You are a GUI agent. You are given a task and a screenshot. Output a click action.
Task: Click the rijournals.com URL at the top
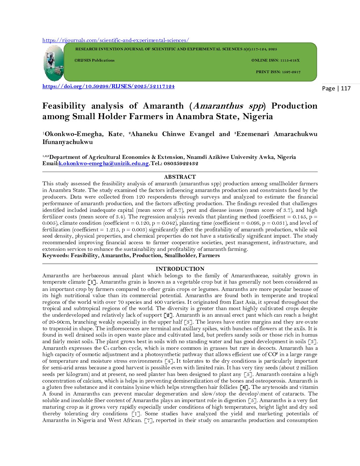coord(115,40)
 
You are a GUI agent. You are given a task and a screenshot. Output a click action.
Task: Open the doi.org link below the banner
coord(108,86)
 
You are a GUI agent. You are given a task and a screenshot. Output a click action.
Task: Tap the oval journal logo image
coord(54,63)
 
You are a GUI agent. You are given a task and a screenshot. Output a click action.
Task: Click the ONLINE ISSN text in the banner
coord(275,61)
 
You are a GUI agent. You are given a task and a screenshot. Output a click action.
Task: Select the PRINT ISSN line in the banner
coord(278,72)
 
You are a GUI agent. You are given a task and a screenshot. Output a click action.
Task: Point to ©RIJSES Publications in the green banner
coord(94,61)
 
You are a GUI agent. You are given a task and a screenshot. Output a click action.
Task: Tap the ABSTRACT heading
coord(180,177)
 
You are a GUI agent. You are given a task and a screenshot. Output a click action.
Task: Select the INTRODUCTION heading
coord(180,269)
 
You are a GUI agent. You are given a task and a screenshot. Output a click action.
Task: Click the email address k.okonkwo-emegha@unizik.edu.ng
coord(104,163)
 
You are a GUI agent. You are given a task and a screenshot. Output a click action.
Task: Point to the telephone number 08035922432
coord(182,163)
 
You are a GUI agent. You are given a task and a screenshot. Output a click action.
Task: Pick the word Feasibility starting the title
coord(64,106)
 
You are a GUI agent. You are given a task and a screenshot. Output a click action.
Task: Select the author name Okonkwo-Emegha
coord(74,134)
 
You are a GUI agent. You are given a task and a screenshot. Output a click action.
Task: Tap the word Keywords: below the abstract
coord(56,256)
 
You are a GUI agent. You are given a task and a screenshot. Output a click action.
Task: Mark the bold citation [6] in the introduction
coord(245,388)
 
